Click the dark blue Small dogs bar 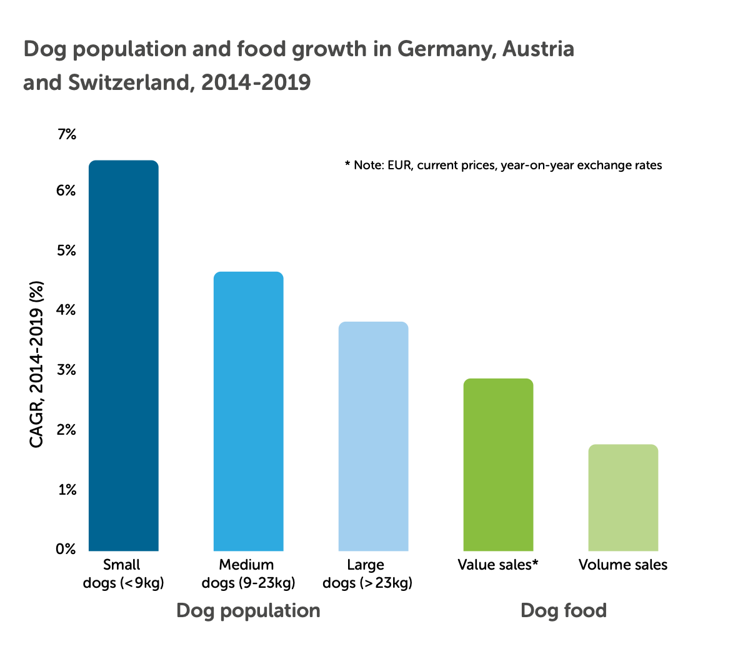(124, 356)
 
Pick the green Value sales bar (498, 465)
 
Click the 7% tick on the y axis (66, 134)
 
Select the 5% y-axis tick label (66, 250)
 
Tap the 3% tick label (66, 370)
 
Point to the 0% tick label (66, 549)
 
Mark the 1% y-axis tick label (66, 490)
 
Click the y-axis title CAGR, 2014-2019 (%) (37, 364)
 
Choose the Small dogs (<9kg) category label (123, 574)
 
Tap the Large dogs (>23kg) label (367, 574)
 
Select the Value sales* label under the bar (497, 565)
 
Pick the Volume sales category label (622, 565)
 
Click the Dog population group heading (248, 610)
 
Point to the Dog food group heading (563, 610)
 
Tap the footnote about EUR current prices (503, 166)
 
